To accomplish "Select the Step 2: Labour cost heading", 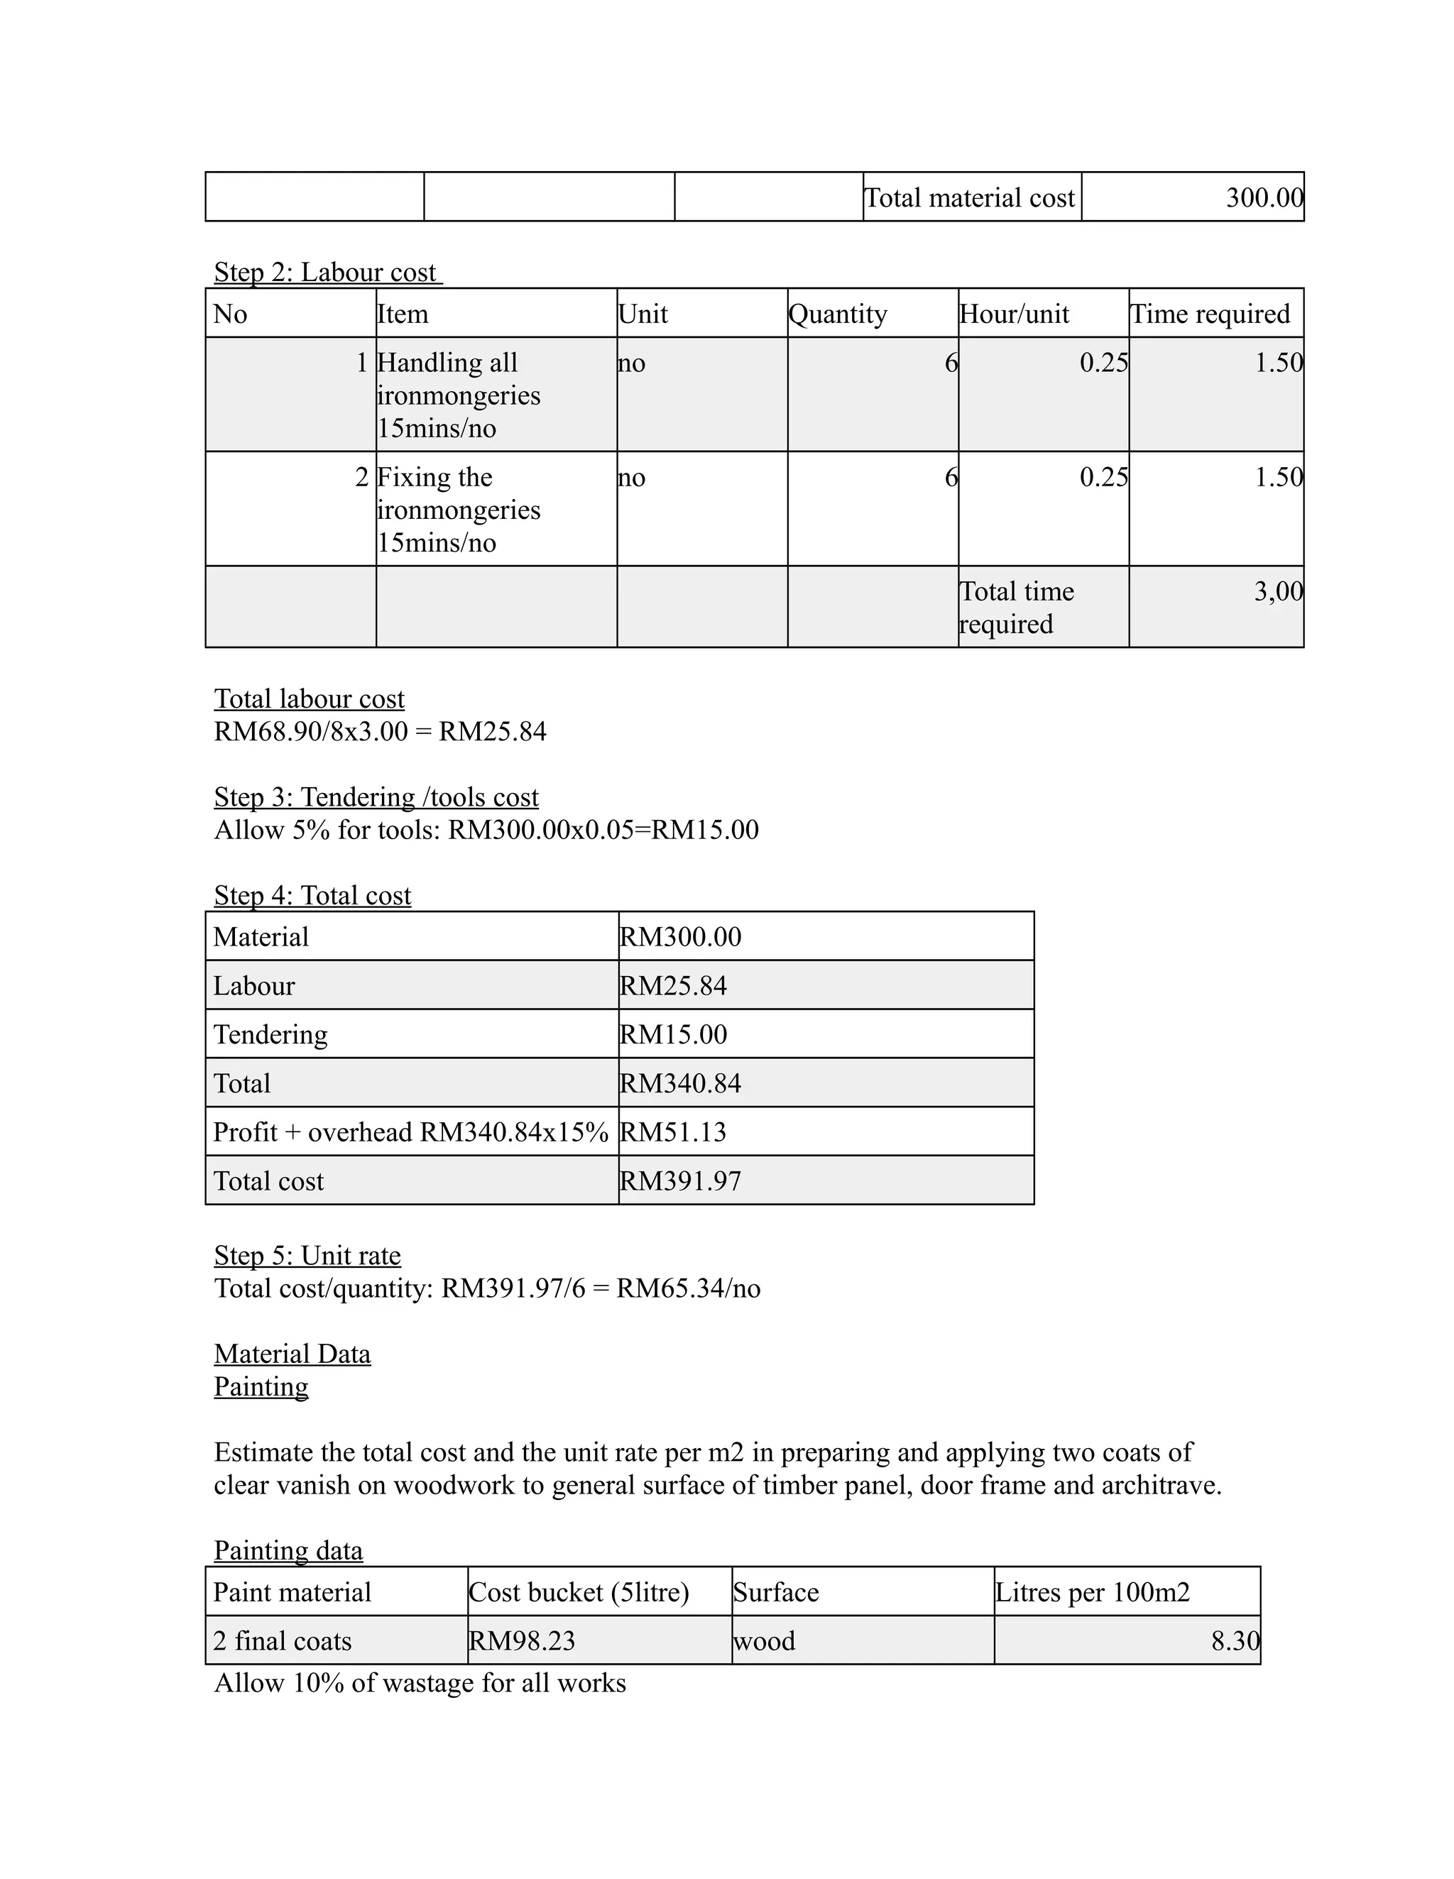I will [327, 272].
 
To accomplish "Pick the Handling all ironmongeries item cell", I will [458, 395].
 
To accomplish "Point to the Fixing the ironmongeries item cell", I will [458, 510].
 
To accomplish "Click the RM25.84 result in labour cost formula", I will [492, 731].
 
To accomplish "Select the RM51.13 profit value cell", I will [673, 1132].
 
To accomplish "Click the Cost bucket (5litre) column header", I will [579, 1592].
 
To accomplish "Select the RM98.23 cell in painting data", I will [523, 1640].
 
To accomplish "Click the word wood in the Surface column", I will [764, 1640].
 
